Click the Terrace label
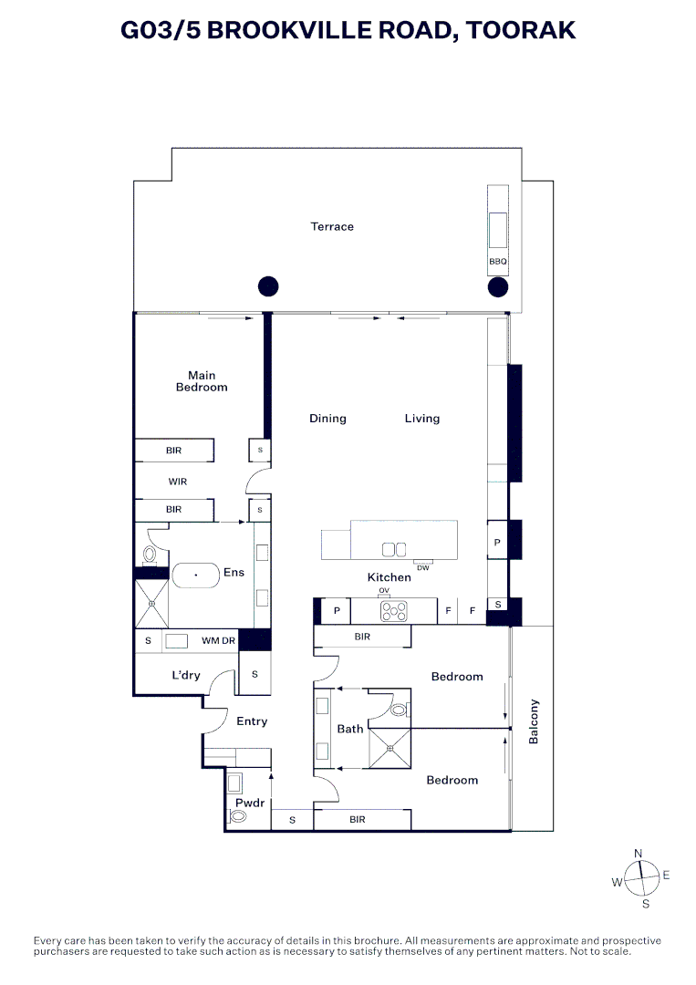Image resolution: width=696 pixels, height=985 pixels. [332, 226]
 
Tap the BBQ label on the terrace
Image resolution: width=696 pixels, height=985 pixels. [497, 262]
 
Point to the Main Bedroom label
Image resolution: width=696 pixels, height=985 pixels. [202, 381]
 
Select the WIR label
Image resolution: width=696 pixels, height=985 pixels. [177, 481]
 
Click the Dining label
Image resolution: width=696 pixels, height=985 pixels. [327, 419]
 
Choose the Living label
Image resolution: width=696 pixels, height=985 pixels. [422, 419]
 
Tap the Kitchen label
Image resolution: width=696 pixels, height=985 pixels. [390, 577]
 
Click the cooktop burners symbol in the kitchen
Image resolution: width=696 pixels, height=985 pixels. [397, 611]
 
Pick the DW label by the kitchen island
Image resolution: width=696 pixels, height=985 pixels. [422, 568]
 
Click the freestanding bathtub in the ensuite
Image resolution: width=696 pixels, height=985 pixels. [195, 575]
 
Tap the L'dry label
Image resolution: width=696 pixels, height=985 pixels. [186, 676]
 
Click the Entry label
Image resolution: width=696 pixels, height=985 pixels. [252, 721]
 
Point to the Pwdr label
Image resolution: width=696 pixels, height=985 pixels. [249, 803]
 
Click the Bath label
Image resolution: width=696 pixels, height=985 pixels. [350, 729]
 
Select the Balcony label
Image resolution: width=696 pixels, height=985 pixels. [535, 721]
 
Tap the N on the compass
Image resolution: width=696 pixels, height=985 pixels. [639, 854]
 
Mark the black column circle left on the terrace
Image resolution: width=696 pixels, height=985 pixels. [267, 287]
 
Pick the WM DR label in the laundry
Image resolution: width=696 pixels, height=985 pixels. [218, 641]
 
